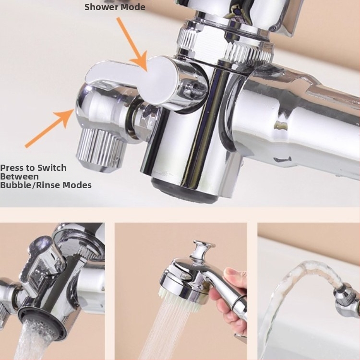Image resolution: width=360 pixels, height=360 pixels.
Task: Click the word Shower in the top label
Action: tap(102, 7)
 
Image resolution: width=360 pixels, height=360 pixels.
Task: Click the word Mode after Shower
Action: tap(133, 7)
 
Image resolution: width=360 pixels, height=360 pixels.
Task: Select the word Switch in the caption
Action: tap(52, 168)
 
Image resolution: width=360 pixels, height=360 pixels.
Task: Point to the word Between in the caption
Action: tap(19, 177)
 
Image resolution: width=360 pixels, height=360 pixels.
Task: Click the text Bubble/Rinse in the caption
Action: tap(30, 185)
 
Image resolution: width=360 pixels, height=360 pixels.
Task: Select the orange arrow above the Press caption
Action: tap(49, 128)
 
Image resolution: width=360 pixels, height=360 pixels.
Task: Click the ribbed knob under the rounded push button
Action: tap(101, 152)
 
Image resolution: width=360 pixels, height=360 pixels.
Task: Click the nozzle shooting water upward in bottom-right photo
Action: tap(347, 301)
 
